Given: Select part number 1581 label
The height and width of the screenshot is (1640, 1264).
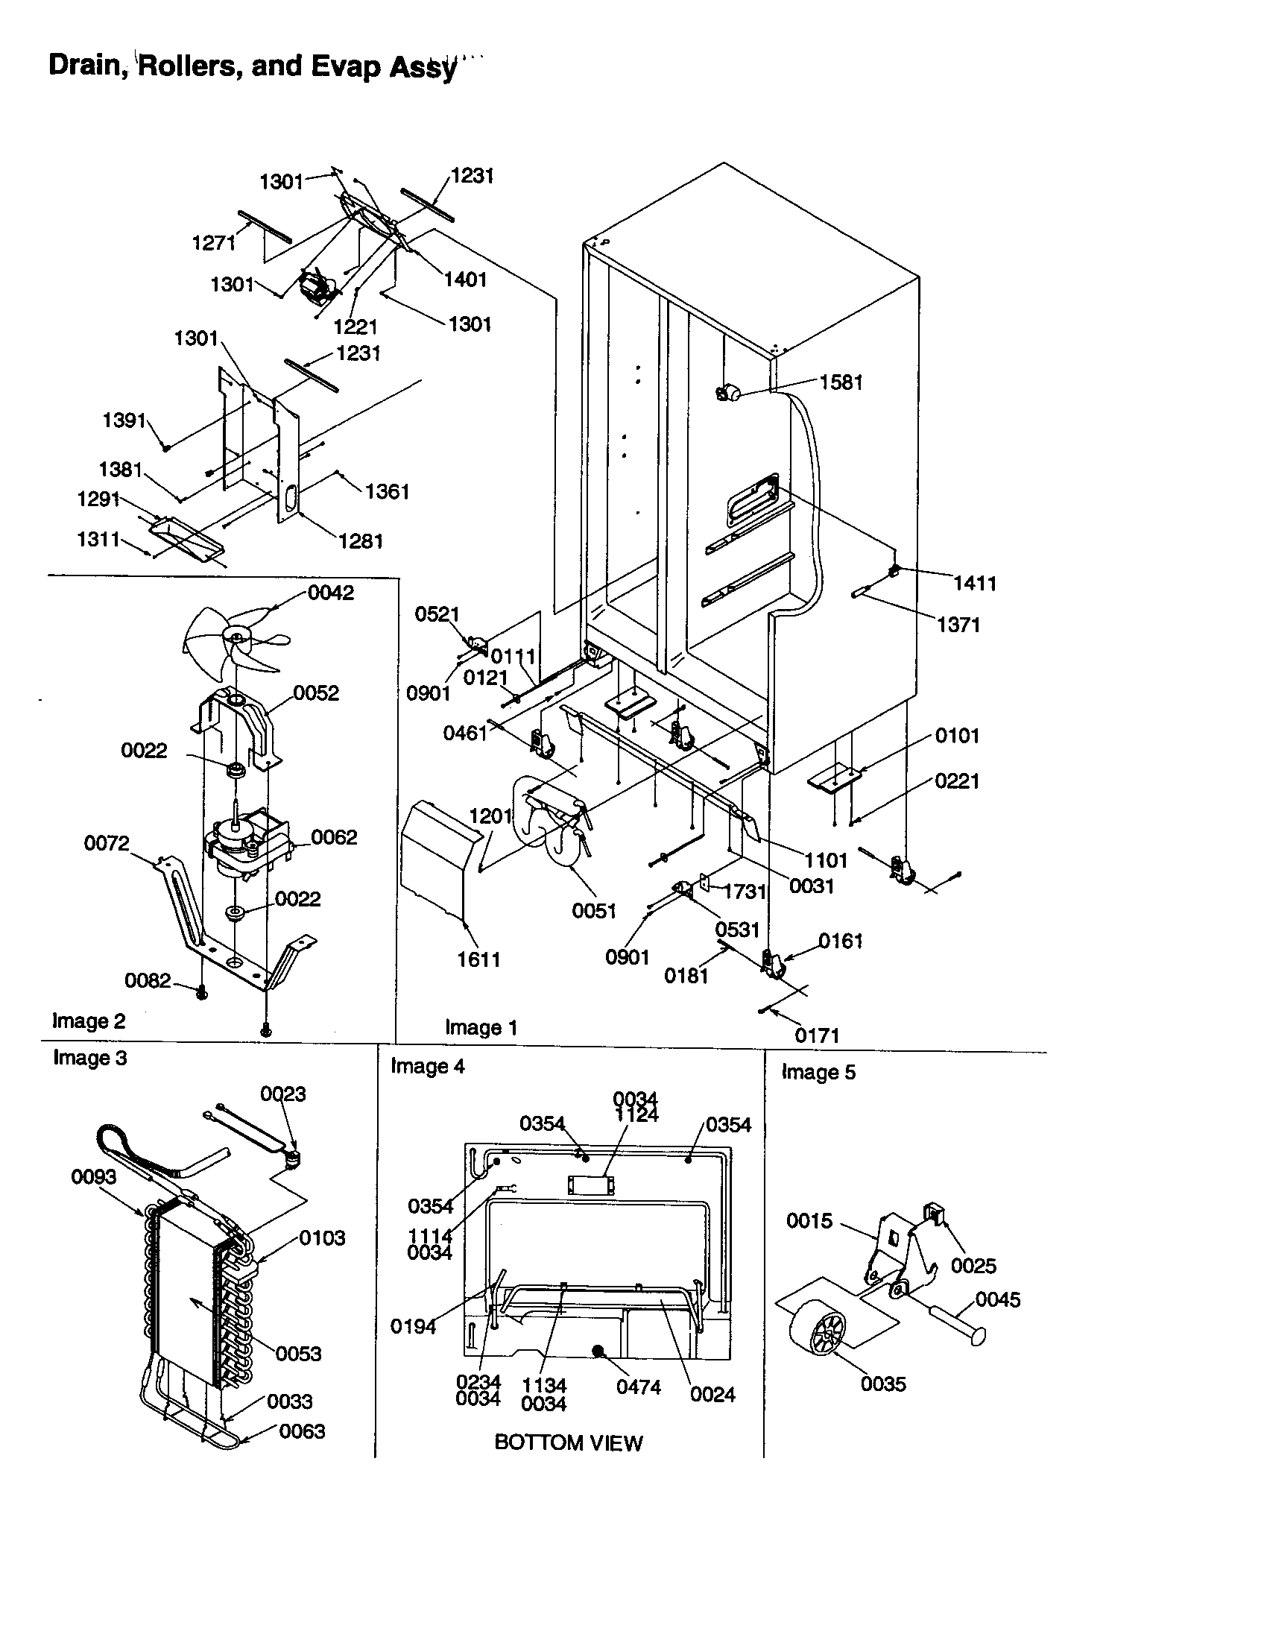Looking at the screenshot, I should click(841, 382).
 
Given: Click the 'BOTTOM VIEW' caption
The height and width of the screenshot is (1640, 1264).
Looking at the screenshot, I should click(568, 1442).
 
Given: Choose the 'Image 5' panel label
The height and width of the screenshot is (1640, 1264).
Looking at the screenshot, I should click(818, 1072).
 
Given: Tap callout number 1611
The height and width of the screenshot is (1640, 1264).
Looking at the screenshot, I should click(479, 959).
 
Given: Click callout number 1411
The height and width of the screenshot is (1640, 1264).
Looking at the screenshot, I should click(974, 583).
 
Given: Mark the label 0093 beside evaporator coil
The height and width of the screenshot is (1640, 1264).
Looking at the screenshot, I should click(94, 1176).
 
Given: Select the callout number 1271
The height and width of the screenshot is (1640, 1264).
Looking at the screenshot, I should click(214, 242).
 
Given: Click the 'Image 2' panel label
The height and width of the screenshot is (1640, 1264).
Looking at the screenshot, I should click(89, 1021).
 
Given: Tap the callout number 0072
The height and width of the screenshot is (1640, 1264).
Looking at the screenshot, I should click(107, 843).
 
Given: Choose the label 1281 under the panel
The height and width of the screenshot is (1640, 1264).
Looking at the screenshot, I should click(361, 540).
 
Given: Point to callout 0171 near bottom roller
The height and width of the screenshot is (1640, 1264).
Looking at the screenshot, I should click(817, 1035).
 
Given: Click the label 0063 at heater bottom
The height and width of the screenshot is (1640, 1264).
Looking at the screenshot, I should click(302, 1431).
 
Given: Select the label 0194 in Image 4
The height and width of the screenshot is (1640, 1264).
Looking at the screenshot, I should click(413, 1327).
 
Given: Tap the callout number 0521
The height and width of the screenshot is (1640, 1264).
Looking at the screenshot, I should click(437, 614).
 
